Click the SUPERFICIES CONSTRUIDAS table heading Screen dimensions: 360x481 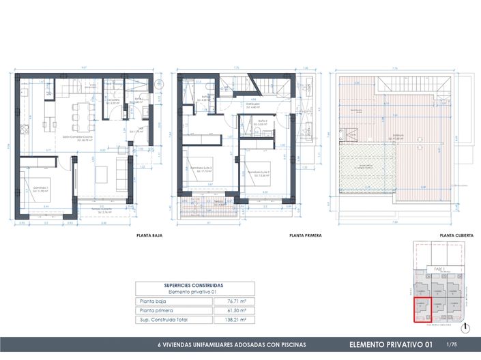point(194,286)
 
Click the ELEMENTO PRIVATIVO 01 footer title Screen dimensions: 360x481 point(390,344)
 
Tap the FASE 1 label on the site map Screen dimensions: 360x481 point(439,270)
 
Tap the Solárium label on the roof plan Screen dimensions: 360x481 point(399,136)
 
